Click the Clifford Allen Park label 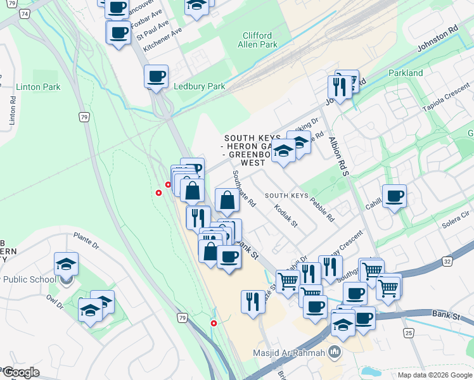point(258,41)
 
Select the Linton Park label point(39,87)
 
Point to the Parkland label point(406,73)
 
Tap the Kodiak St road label point(286,216)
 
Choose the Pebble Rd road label point(322,210)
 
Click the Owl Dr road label point(56,301)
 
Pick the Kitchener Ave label point(162,39)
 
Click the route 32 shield point(447,260)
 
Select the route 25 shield point(407,332)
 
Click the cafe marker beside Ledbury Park point(156,77)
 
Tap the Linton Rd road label point(12,113)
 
